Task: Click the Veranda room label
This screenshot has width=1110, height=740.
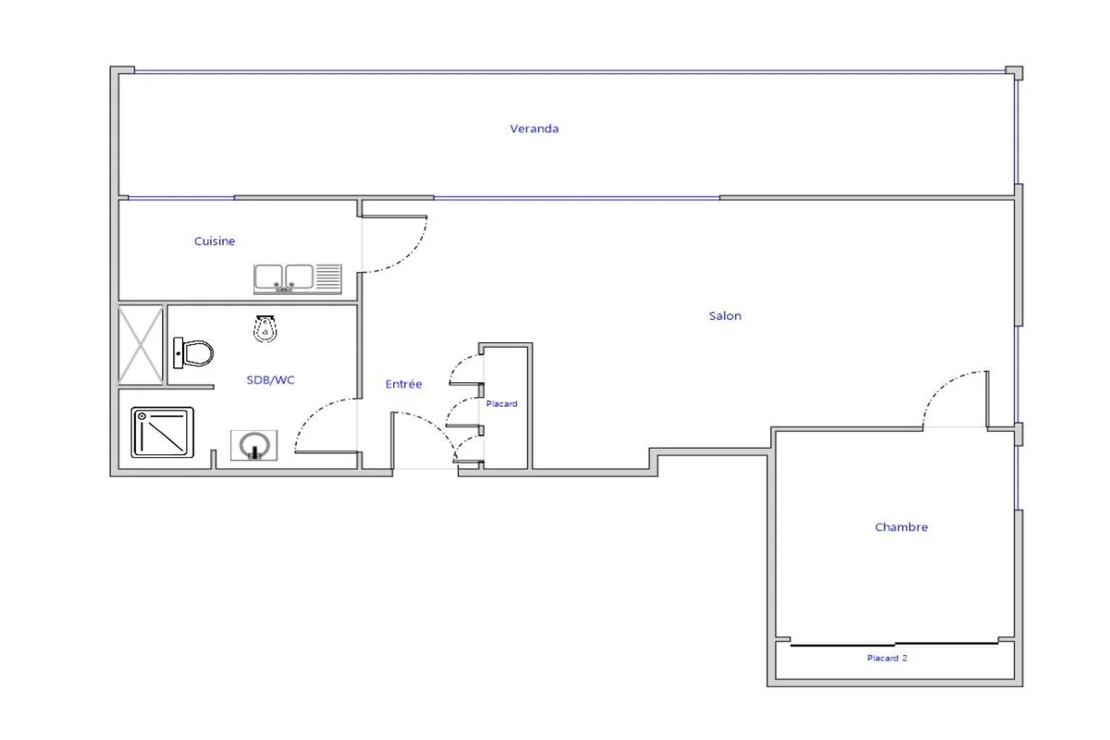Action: tap(535, 129)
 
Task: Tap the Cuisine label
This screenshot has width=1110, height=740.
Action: tap(215, 240)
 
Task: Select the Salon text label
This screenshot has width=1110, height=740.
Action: tap(725, 315)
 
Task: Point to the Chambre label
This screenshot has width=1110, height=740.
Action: tap(901, 527)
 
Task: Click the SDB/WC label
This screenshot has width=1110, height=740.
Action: tap(270, 379)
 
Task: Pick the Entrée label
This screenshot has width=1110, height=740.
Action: tap(403, 384)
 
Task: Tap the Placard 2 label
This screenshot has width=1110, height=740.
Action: tap(887, 658)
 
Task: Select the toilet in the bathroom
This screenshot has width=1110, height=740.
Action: tap(193, 353)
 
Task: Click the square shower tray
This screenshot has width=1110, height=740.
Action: tap(163, 432)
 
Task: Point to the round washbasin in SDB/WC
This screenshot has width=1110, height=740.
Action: tap(254, 445)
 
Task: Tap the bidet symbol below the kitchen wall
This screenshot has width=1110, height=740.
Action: tap(265, 328)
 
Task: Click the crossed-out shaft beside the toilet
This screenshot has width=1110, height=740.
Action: tap(141, 345)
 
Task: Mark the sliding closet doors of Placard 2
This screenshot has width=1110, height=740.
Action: tap(894, 645)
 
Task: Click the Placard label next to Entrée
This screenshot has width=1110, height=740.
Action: tap(501, 404)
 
